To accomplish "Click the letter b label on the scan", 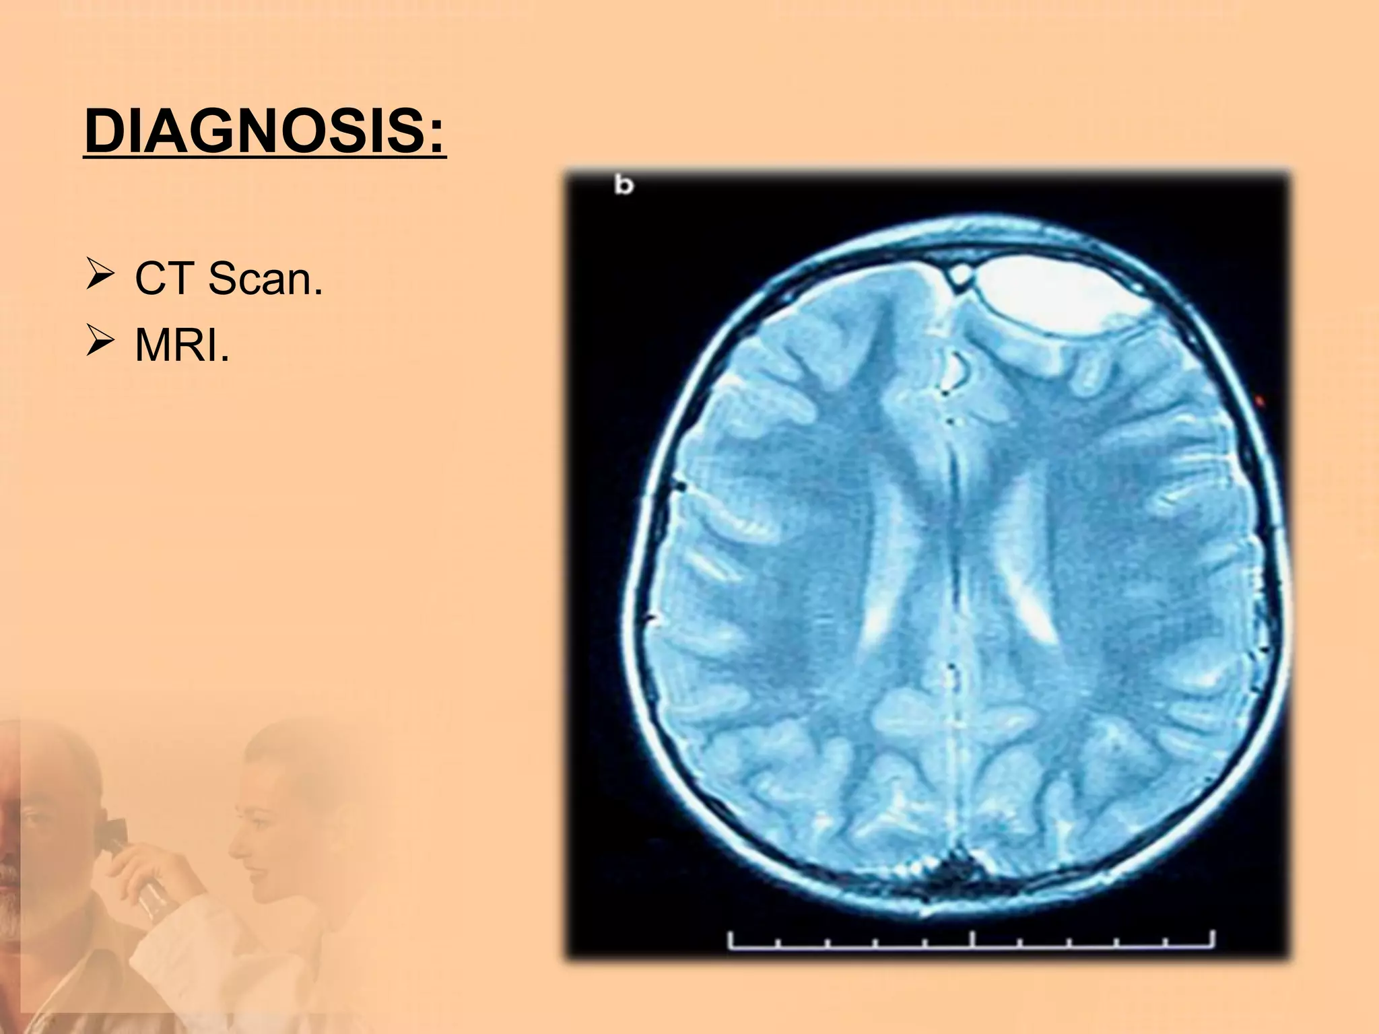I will point(624,186).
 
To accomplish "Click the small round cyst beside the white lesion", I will point(960,274).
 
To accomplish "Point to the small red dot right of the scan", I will point(1261,402).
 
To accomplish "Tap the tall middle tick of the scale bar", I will point(972,938).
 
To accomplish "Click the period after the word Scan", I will point(318,292).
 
